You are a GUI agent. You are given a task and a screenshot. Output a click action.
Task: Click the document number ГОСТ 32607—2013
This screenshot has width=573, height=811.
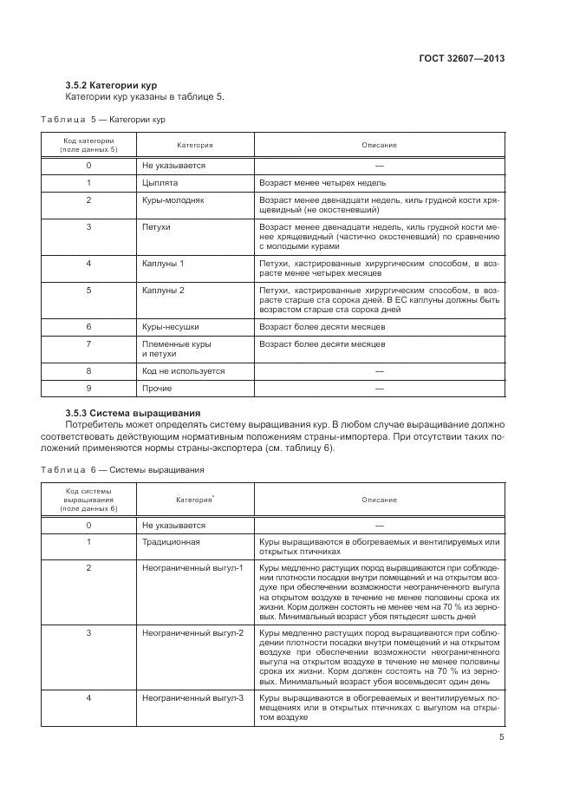coord(463,59)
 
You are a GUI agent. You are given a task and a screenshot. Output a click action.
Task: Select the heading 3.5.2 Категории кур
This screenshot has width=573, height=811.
coord(109,85)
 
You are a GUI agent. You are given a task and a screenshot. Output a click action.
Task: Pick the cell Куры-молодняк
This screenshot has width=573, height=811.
coord(173,200)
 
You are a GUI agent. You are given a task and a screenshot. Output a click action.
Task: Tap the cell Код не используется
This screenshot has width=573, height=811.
coord(183,370)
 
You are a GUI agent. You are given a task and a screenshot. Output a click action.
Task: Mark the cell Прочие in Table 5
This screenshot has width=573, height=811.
coord(157,388)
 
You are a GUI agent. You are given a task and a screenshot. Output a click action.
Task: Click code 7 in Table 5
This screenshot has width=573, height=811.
coord(88,344)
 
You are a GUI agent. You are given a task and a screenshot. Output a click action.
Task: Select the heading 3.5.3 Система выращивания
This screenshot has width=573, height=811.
coord(133,412)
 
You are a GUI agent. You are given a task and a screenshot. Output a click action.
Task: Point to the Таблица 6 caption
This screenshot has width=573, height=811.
coord(122,469)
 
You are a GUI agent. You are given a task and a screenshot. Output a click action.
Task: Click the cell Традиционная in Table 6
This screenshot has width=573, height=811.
coord(171,542)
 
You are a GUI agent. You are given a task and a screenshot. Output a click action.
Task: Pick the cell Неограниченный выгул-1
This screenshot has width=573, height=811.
coord(192,567)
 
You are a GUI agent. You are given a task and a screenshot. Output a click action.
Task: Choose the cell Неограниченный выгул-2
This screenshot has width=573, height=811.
coord(192,633)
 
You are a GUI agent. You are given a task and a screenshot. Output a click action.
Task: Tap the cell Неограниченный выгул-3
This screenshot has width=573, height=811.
coord(192,698)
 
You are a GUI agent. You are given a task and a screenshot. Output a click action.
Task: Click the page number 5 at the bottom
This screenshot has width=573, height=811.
coord(502,737)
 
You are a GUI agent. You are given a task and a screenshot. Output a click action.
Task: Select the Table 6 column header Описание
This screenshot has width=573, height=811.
coord(380,500)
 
